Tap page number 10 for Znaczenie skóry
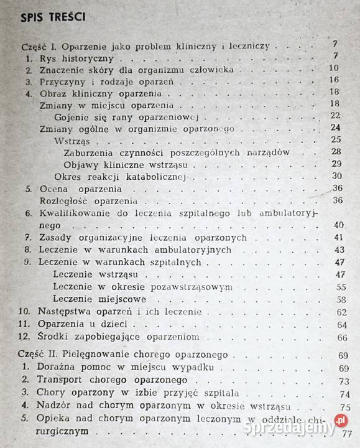(333, 68)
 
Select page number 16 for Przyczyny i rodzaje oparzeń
(333, 80)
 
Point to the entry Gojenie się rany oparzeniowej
(127, 116)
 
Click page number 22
(336, 116)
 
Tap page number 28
(336, 152)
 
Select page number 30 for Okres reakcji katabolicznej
(336, 176)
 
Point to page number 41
(339, 237)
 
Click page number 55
(340, 286)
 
